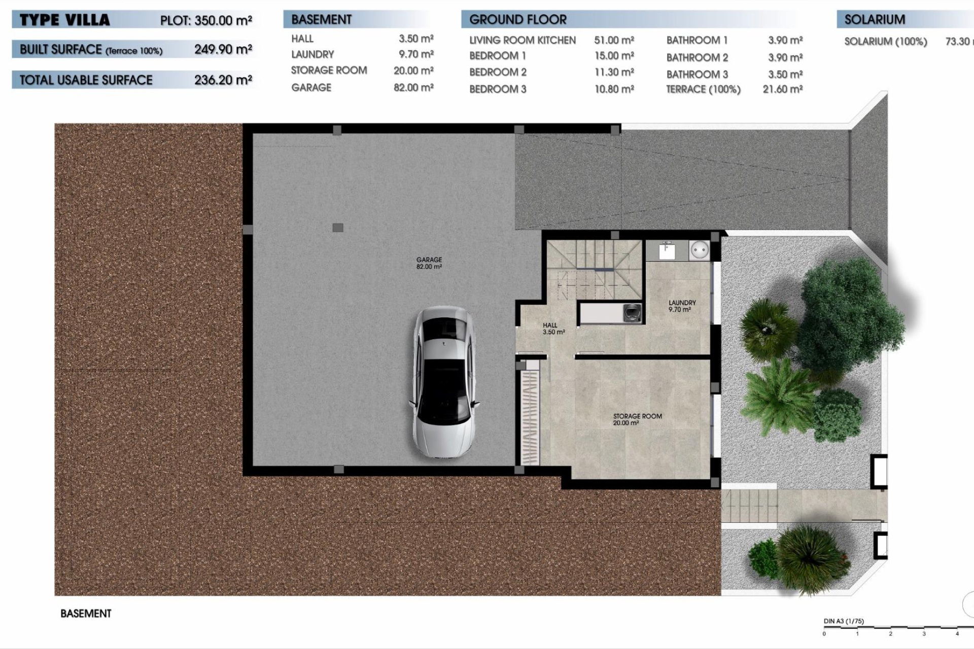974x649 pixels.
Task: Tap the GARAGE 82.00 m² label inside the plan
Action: pyautogui.click(x=429, y=263)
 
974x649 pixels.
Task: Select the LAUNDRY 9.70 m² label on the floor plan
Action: pyautogui.click(x=682, y=306)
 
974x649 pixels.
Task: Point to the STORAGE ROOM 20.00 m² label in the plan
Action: pyautogui.click(x=637, y=419)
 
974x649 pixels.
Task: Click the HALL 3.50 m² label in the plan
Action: pyautogui.click(x=552, y=329)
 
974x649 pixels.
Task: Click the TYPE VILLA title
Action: pyautogui.click(x=64, y=20)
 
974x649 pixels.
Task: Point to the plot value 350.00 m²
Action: pyautogui.click(x=223, y=21)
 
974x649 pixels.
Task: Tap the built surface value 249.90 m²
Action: pyautogui.click(x=223, y=50)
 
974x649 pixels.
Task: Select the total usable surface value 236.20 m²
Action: pyautogui.click(x=223, y=80)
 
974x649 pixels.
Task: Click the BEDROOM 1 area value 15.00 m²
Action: pyautogui.click(x=614, y=56)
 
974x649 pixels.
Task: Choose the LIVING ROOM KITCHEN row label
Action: pyautogui.click(x=522, y=40)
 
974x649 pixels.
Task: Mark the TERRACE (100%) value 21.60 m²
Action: pyautogui.click(x=782, y=89)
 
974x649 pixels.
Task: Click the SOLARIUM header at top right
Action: pyautogui.click(x=875, y=20)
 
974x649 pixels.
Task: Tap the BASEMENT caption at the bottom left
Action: pyautogui.click(x=86, y=614)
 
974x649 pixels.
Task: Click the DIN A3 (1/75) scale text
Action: pyautogui.click(x=844, y=621)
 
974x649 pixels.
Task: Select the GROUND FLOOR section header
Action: pyautogui.click(x=517, y=20)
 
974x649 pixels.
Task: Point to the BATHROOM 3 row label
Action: pyautogui.click(x=697, y=75)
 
